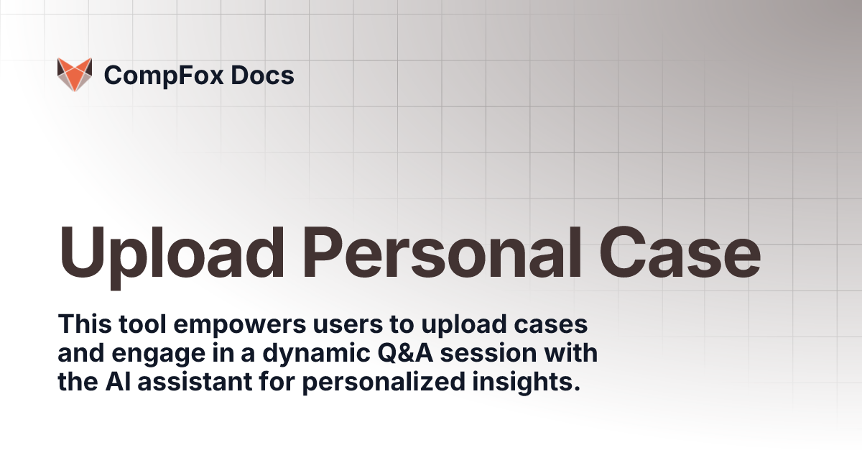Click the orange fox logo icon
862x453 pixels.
(75, 75)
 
